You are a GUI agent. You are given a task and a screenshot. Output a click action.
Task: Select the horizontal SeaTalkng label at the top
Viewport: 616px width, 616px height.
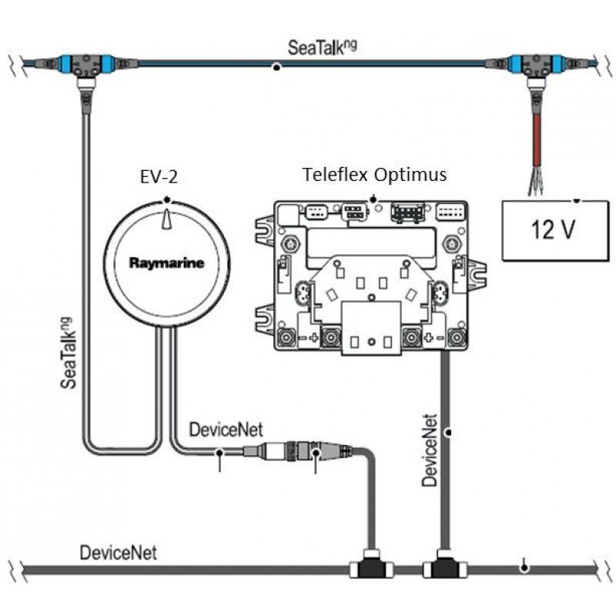pos(323,48)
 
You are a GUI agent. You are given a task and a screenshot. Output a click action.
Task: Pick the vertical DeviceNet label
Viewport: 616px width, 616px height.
pos(430,450)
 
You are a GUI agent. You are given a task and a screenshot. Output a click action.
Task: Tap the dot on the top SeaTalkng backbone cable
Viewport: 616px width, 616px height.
pos(276,68)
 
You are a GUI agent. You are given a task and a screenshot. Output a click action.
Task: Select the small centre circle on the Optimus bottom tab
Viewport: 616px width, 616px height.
pos(370,340)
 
